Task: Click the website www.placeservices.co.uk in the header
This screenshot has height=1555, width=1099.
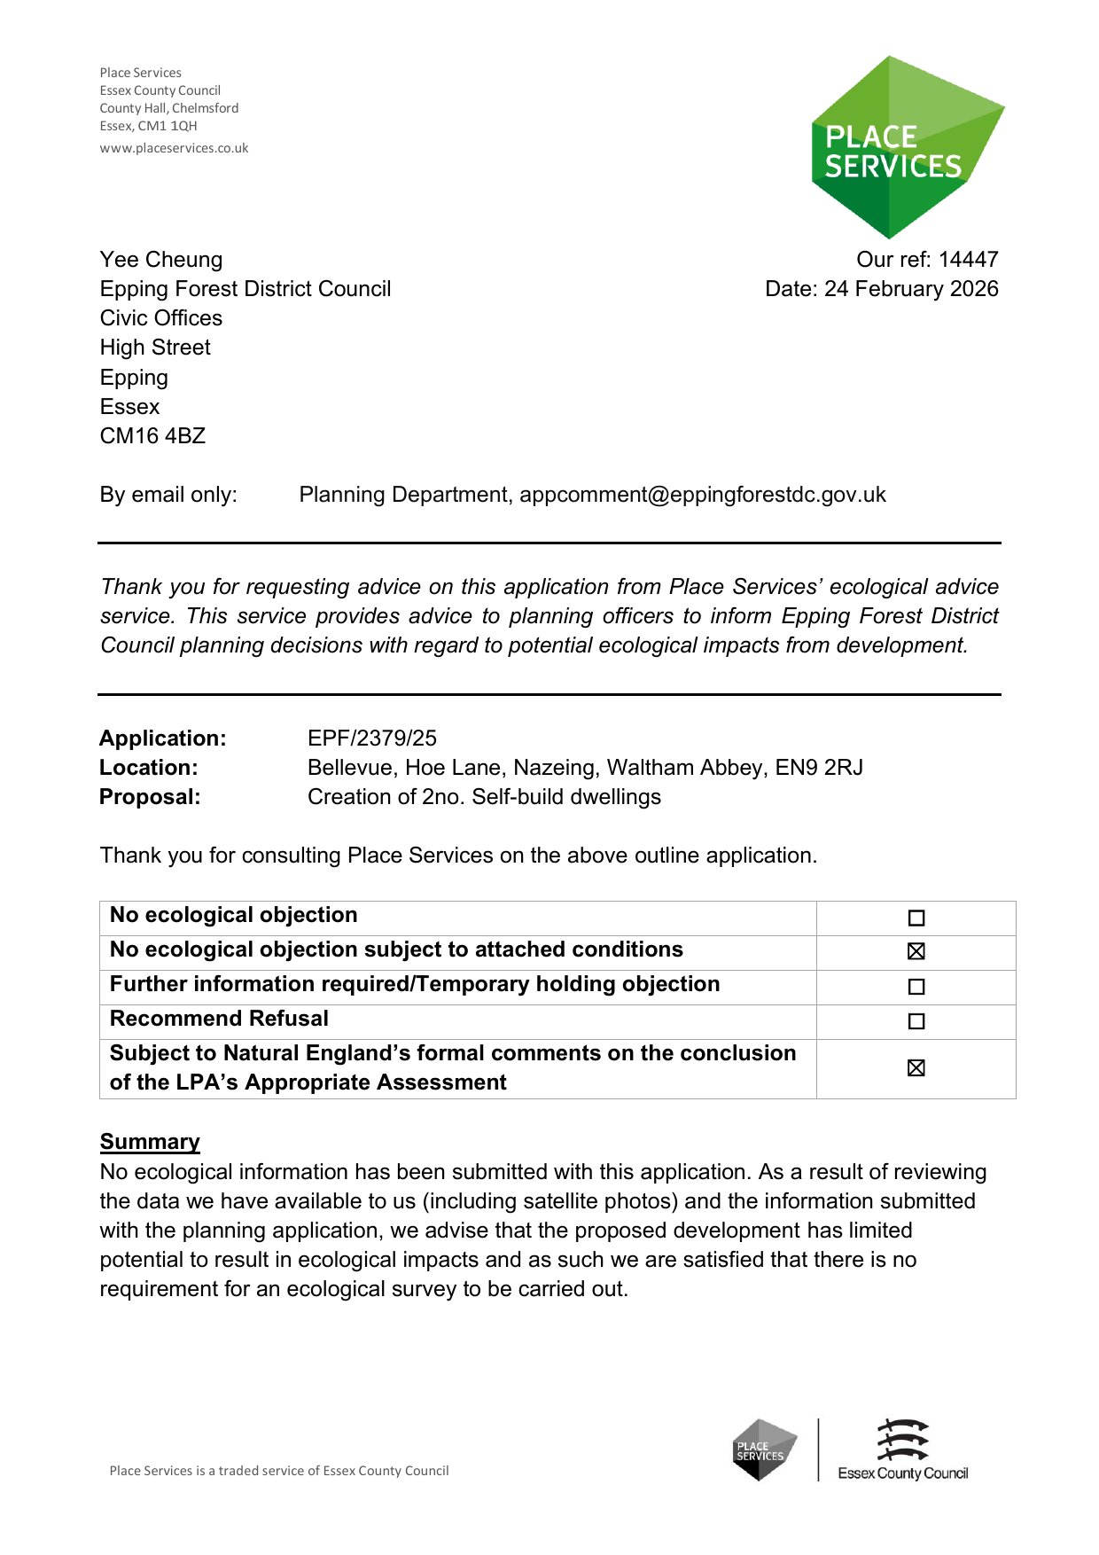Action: pyautogui.click(x=174, y=148)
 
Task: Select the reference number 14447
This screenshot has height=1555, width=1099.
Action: pyautogui.click(x=968, y=260)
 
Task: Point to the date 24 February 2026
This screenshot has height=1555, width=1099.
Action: pyautogui.click(x=911, y=289)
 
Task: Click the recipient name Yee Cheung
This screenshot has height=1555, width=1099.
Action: pyautogui.click(x=161, y=260)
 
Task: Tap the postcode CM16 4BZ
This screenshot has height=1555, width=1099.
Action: pyautogui.click(x=152, y=436)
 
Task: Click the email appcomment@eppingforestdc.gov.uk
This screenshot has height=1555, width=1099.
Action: pyautogui.click(x=702, y=495)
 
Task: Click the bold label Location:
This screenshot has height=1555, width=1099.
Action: pyautogui.click(x=149, y=768)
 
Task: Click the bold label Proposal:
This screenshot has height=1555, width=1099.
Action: pyautogui.click(x=150, y=797)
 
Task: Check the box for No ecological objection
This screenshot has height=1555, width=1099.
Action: pyautogui.click(x=916, y=918)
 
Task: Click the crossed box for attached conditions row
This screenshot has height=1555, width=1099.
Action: pyautogui.click(x=916, y=951)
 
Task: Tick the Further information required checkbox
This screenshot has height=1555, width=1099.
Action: pyautogui.click(x=916, y=987)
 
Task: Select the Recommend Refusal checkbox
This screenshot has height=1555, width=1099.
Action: pyautogui.click(x=916, y=1021)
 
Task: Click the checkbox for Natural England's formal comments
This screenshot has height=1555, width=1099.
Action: pyautogui.click(x=916, y=1068)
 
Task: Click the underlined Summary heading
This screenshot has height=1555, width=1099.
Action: pyautogui.click(x=150, y=1142)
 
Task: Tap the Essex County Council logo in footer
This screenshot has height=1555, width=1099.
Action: pyautogui.click(x=902, y=1450)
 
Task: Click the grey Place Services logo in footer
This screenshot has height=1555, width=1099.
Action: pyautogui.click(x=764, y=1450)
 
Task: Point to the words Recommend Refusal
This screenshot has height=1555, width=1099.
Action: pyautogui.click(x=219, y=1019)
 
